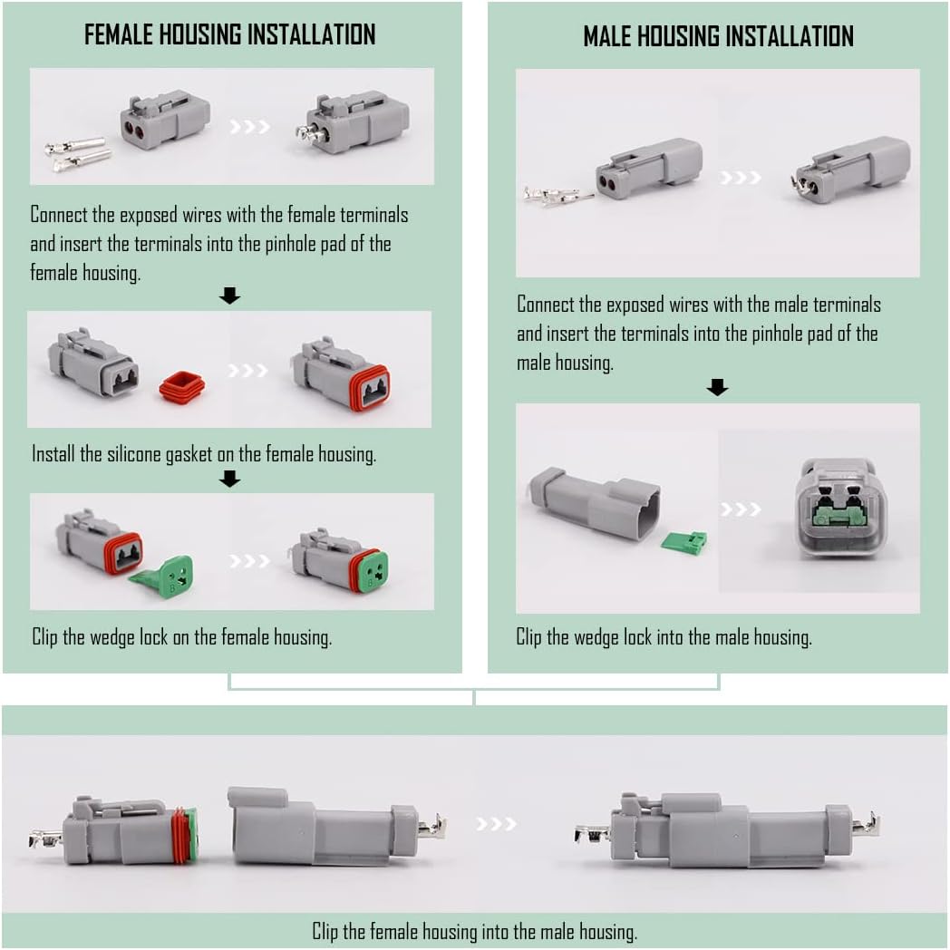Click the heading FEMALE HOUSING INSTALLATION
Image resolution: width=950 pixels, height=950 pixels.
tap(229, 34)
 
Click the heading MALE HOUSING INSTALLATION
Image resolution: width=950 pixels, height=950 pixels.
tap(718, 36)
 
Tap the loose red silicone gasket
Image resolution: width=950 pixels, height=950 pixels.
tap(181, 387)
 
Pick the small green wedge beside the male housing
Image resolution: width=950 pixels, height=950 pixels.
tap(683, 543)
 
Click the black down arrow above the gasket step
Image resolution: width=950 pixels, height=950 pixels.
tap(230, 296)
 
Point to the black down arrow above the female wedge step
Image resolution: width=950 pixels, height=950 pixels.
tap(230, 479)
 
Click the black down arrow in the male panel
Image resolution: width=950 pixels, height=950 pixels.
tap(717, 388)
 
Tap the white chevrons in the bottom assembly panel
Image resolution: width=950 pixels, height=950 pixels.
tap(497, 823)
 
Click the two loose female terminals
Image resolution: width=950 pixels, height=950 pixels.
tap(77, 154)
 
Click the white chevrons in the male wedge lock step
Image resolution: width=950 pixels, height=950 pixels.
tap(741, 509)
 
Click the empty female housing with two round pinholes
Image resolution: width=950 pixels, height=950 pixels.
tap(164, 121)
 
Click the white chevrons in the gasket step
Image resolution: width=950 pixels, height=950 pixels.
tap(248, 371)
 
